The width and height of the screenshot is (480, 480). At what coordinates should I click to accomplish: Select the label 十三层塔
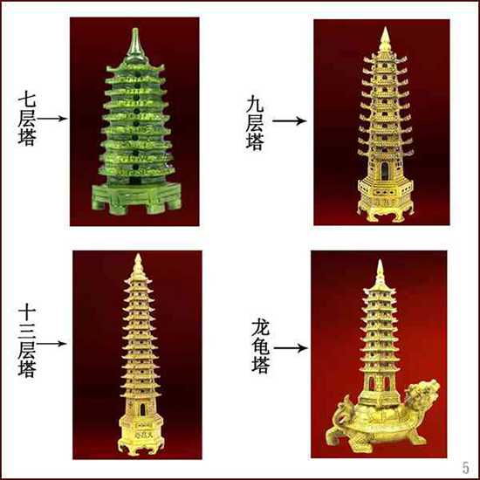click(28, 342)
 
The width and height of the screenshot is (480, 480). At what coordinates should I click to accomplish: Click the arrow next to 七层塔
click(53, 117)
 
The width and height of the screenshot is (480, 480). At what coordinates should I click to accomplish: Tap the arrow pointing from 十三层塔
click(51, 344)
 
